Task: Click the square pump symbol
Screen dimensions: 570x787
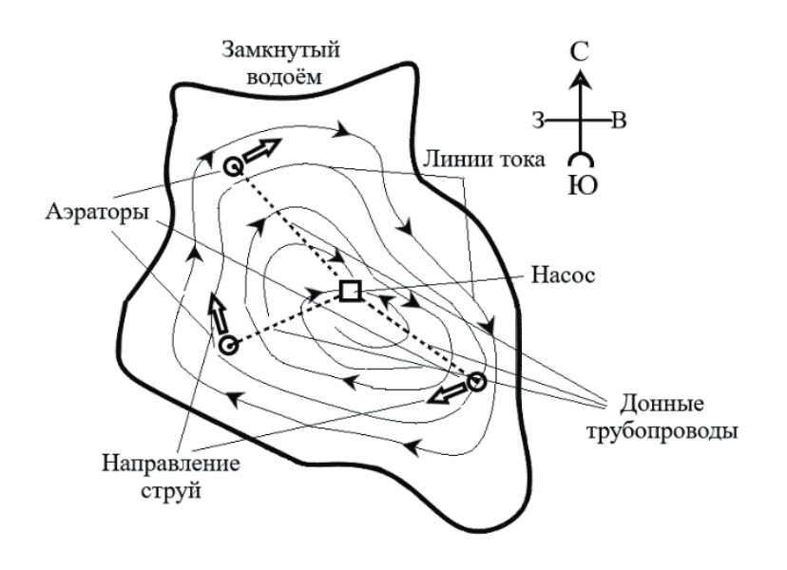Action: (351, 291)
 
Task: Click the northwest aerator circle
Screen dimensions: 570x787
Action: (231, 166)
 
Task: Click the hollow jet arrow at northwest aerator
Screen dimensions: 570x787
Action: (266, 149)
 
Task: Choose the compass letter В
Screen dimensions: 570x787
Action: (619, 121)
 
